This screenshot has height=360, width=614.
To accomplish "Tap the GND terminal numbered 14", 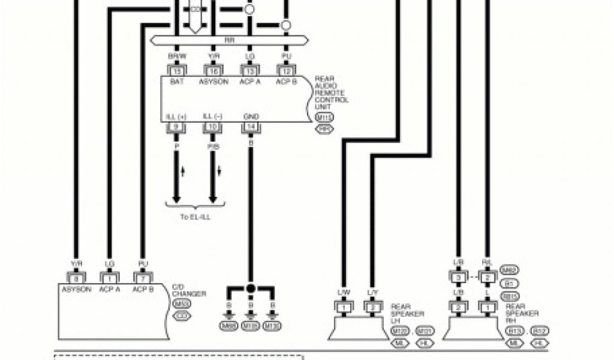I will tap(251, 127).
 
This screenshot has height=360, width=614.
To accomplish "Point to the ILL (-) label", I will tap(213, 116).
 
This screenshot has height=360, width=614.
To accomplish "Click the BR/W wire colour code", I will tap(176, 55).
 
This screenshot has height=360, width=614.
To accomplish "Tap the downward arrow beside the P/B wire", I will tap(219, 172).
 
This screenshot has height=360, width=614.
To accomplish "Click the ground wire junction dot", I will tap(251, 289).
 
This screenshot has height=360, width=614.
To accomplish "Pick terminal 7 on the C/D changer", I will tap(143, 278).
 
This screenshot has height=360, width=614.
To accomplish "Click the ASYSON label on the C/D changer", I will tap(76, 289).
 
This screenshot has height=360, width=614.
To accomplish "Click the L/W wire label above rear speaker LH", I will tap(344, 292).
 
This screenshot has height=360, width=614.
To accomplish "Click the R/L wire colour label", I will tap(487, 262).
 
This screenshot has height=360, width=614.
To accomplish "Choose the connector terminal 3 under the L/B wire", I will tap(458, 277).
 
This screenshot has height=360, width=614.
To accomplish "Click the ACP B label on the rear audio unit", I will tap(287, 82).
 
